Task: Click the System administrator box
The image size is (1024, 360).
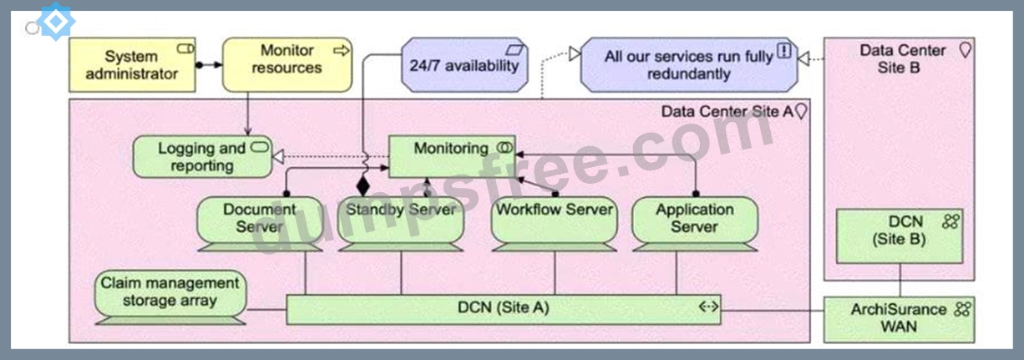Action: (132, 65)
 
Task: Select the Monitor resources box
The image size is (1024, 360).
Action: (287, 65)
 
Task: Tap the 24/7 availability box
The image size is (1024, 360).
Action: (464, 65)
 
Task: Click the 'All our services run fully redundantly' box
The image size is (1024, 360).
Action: (689, 65)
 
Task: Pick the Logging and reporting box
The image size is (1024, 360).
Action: (202, 156)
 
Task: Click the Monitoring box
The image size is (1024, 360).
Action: (452, 156)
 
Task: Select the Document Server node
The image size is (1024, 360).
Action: (260, 224)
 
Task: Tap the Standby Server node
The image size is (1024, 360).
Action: (400, 224)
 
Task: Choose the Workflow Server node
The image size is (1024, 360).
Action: (555, 224)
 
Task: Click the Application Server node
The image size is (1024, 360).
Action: (695, 224)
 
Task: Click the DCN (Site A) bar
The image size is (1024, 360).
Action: (504, 310)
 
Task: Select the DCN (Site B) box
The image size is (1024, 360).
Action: (900, 236)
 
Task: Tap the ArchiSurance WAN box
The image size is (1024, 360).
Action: (899, 319)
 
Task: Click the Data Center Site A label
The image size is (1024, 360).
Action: (727, 111)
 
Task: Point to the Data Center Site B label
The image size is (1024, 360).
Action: (902, 59)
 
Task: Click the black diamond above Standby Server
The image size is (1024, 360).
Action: (363, 185)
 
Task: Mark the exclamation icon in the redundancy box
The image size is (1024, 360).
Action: (784, 50)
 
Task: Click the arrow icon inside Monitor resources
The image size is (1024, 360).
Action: (342, 50)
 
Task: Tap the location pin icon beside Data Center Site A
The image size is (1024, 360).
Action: (801, 111)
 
